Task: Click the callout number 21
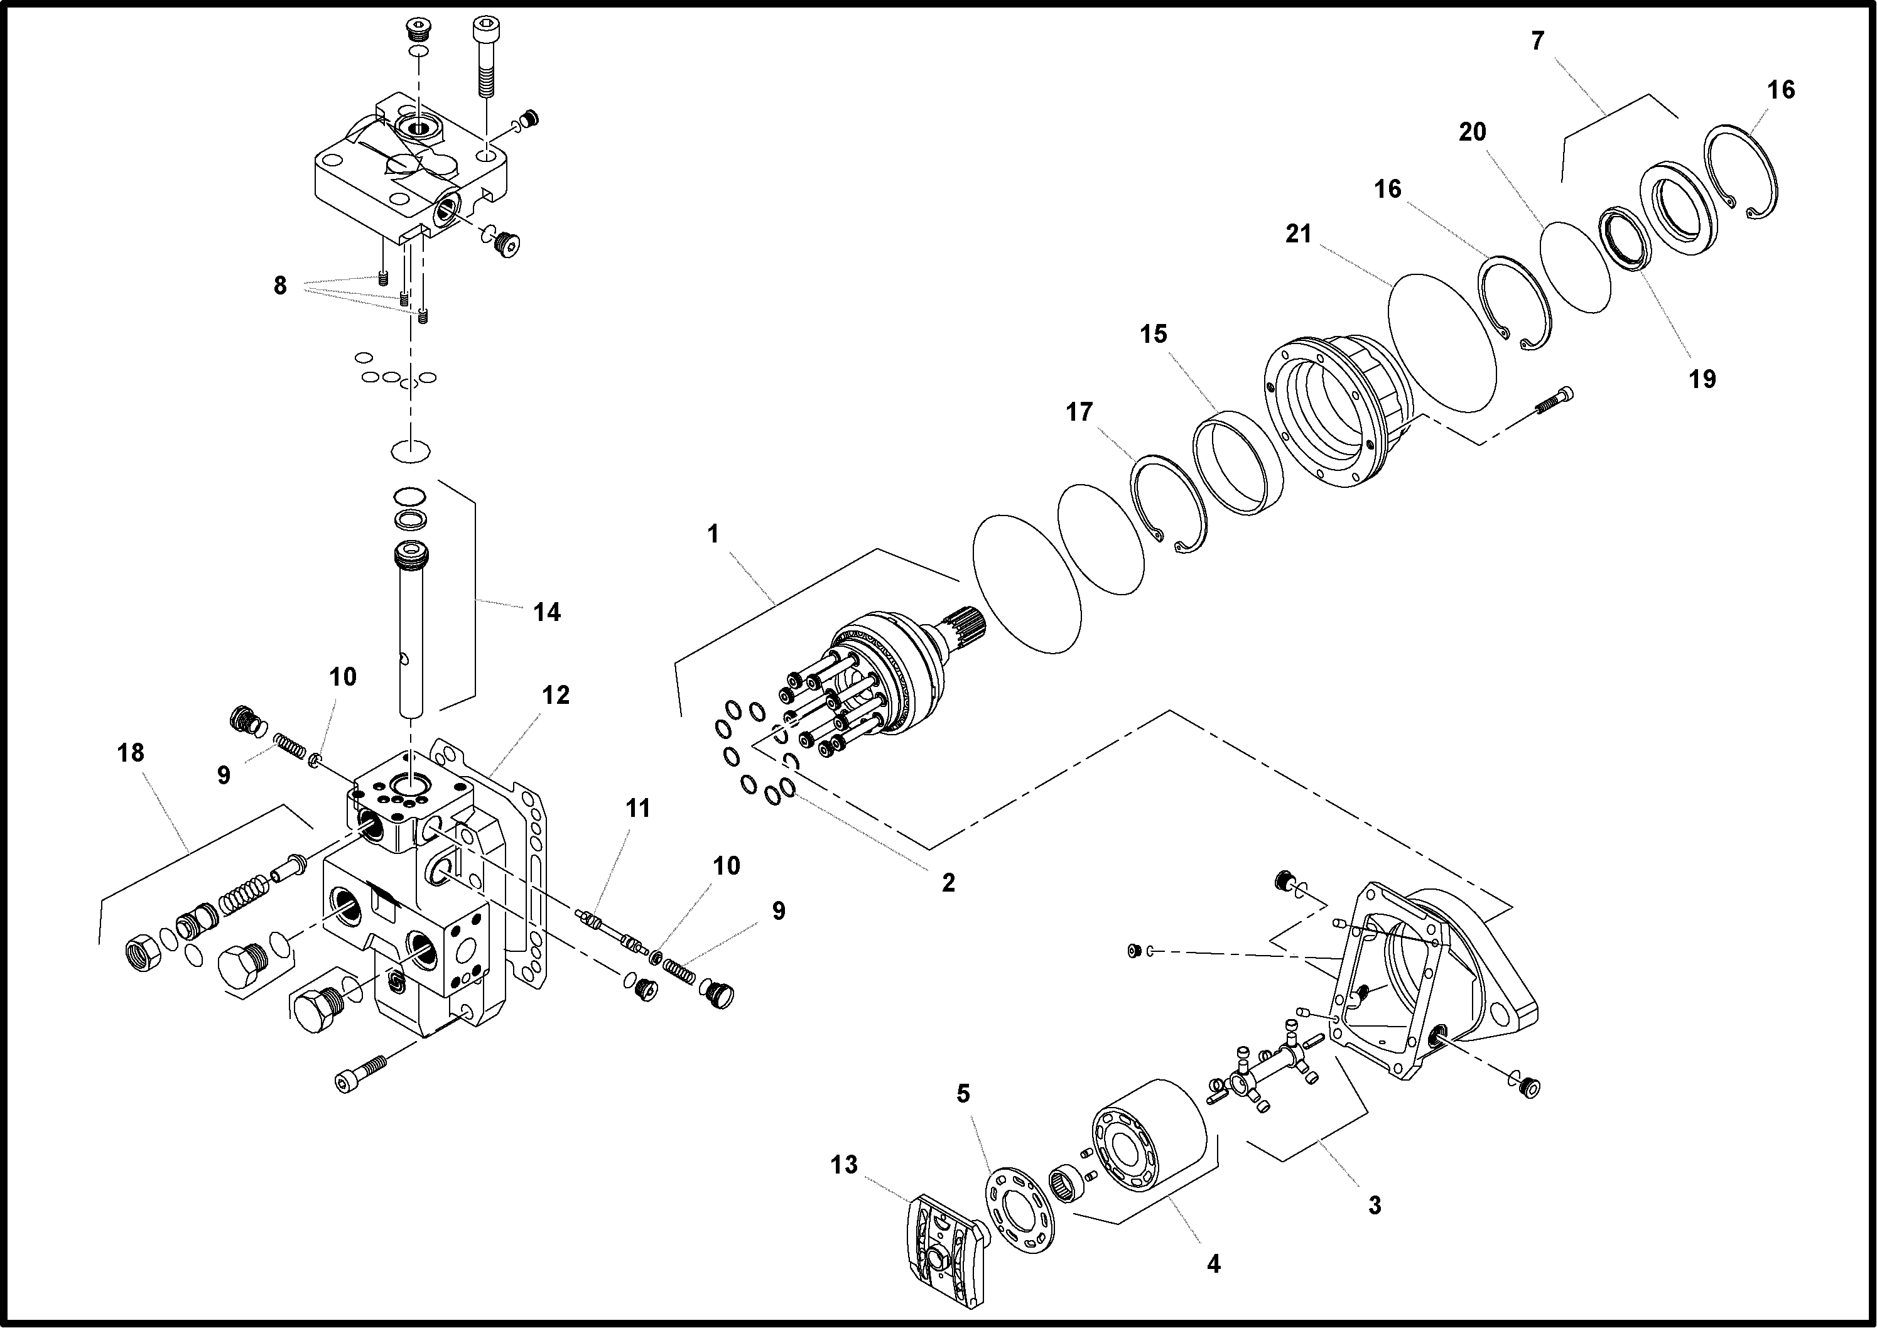coord(1298,235)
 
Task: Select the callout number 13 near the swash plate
coord(844,1165)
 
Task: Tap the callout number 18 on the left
coord(131,752)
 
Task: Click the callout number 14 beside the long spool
coord(546,612)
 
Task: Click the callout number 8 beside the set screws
coord(279,286)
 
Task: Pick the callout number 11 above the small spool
coord(637,808)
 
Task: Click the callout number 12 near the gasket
coord(555,695)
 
